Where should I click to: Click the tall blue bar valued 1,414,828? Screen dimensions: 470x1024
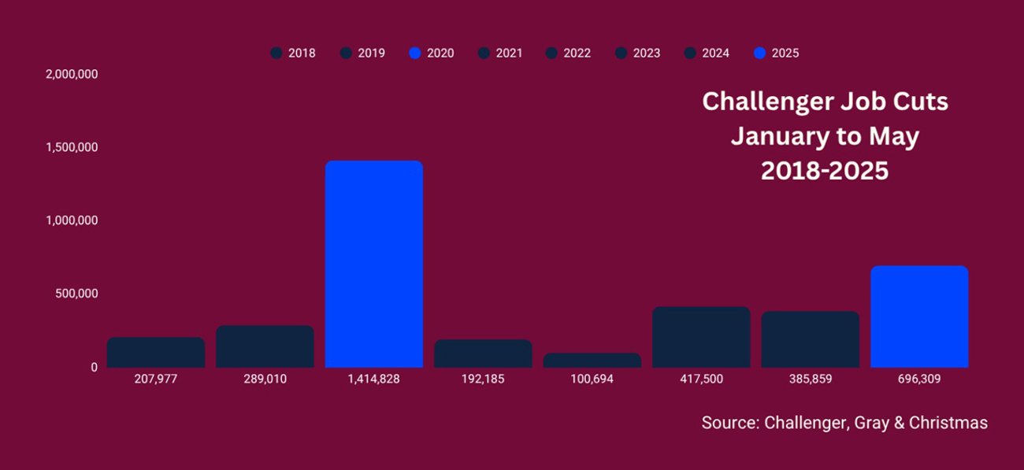(373, 264)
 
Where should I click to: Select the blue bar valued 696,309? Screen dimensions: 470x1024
(918, 316)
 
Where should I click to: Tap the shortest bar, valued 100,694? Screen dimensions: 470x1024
(592, 360)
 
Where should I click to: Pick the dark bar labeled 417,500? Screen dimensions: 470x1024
(701, 337)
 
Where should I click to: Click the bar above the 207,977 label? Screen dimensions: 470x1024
(156, 352)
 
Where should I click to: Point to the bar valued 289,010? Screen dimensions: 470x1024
(265, 346)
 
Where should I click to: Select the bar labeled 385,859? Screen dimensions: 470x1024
(810, 339)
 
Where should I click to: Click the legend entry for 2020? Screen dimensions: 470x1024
(432, 54)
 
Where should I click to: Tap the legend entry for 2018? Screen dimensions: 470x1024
(293, 54)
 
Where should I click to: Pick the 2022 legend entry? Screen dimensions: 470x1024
(569, 54)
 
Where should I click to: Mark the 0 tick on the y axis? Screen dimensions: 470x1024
(94, 367)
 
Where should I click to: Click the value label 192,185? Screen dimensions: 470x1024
(483, 379)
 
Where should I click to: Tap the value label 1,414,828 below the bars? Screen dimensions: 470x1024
(373, 379)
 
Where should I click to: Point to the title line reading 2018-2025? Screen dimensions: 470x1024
(824, 171)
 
